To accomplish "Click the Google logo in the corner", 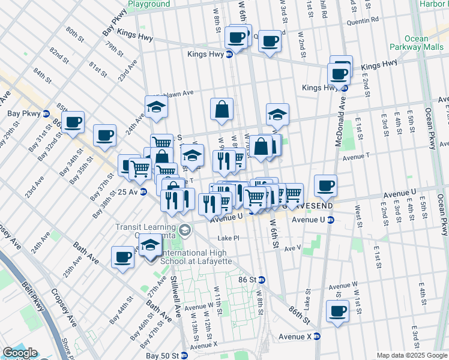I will [19, 353].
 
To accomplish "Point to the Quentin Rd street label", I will [366, 19].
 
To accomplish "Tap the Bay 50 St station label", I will [163, 356].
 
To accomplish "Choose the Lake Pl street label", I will [228, 238].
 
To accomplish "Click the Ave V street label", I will [292, 248].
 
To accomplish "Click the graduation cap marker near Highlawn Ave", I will [156, 107].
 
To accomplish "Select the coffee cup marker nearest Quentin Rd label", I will [270, 41].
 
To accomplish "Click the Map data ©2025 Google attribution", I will [411, 355].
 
